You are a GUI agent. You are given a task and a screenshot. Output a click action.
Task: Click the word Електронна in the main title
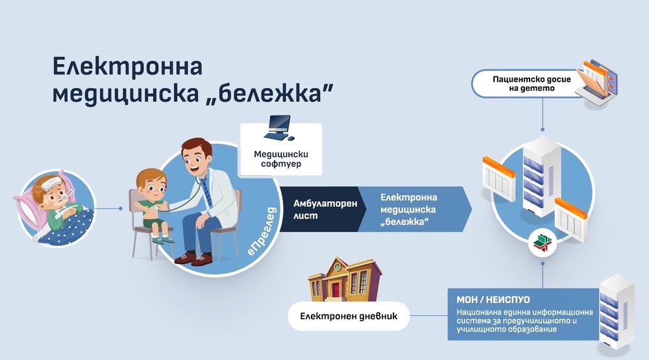point(127,67)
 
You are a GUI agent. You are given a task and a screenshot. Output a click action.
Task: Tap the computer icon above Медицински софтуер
point(280,129)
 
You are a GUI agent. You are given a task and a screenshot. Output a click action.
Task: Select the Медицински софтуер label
point(280,160)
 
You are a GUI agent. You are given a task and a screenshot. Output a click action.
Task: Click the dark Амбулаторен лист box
point(316,209)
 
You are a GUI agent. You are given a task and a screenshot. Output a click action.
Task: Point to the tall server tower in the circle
point(541,182)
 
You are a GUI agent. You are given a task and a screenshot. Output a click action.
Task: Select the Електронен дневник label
point(349,317)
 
